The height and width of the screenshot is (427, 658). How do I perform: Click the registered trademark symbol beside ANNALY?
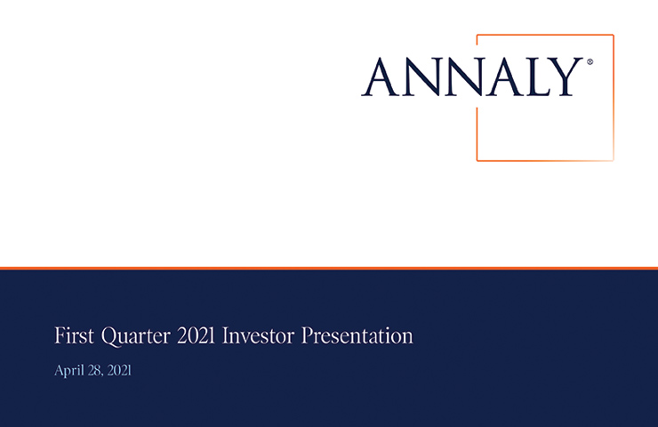590,63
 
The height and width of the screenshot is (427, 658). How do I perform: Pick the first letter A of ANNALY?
380,77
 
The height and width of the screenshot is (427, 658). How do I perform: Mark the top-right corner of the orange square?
614,35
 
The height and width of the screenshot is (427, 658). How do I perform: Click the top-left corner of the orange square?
477,35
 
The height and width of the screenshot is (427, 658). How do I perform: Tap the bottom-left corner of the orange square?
477,160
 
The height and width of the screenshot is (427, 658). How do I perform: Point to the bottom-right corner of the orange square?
614,160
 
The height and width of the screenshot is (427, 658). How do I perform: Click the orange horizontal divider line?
329,267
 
